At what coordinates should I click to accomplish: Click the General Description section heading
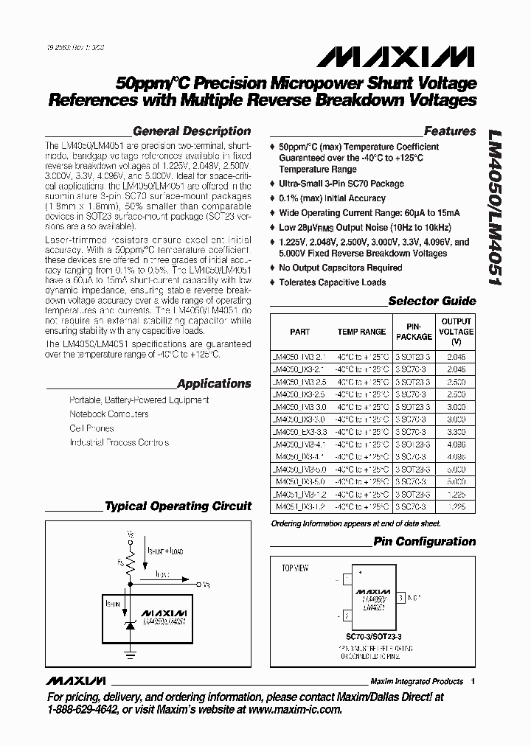coord(192,131)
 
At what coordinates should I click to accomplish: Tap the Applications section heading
coord(215,383)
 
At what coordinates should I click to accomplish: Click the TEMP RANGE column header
coord(361,332)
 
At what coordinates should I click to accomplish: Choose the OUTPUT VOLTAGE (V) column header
coord(456,332)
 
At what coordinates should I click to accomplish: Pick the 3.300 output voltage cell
coord(456,431)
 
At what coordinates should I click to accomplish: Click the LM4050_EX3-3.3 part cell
coord(299,431)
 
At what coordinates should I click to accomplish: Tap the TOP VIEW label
coord(295,568)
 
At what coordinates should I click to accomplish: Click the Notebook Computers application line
coord(108,414)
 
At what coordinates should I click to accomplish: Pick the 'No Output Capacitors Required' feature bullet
coord(340,268)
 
